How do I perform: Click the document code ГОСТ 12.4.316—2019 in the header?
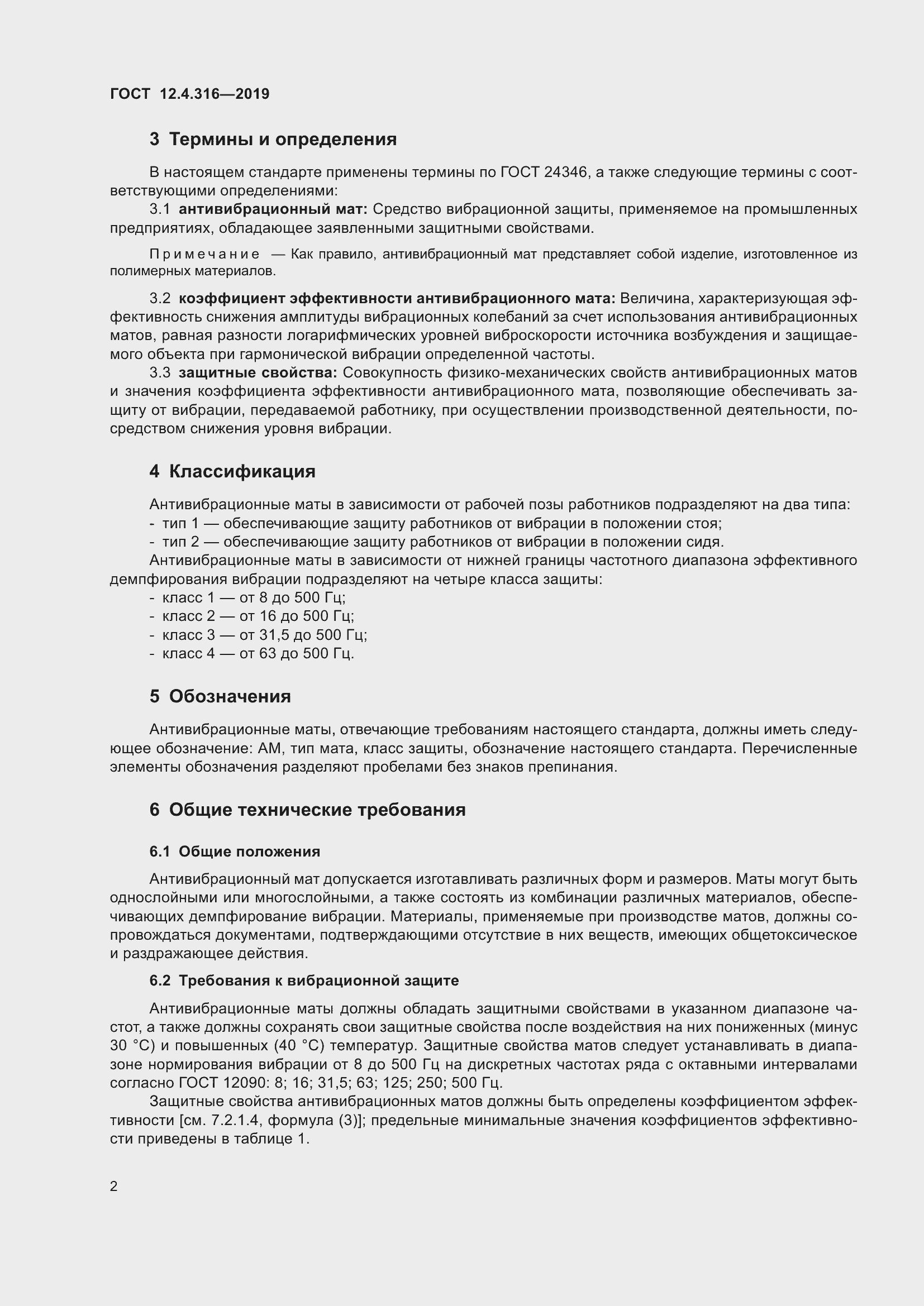coord(189,94)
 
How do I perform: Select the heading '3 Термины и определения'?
coord(273,140)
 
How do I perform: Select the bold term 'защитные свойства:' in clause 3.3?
coord(258,372)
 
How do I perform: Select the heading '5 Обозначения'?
coord(220,697)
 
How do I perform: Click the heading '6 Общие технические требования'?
coord(307,810)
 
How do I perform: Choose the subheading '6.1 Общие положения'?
coord(235,851)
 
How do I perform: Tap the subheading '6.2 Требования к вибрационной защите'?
coord(304,980)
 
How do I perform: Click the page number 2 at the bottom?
coord(114,1187)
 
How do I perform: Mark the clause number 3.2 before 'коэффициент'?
coord(160,299)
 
